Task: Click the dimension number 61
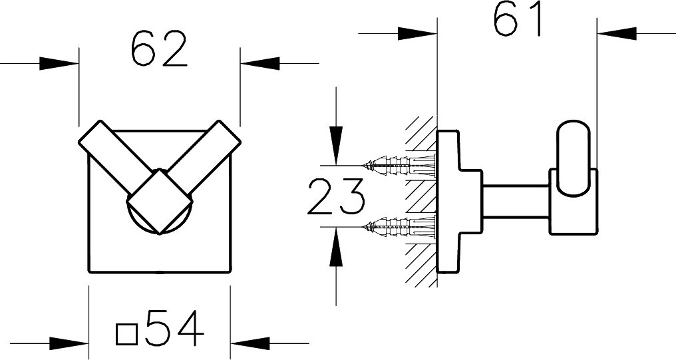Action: tap(518, 19)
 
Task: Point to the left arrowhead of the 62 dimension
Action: tap(59, 63)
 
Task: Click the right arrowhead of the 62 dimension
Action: tap(260, 63)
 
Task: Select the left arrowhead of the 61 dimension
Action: tap(417, 34)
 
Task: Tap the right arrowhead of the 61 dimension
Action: tap(617, 34)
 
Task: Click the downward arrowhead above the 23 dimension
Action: tap(336, 146)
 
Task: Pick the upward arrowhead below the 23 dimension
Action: tap(336, 246)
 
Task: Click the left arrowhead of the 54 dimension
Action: tap(69, 343)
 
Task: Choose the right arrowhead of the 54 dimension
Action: tap(250, 343)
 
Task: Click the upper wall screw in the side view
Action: tap(399, 166)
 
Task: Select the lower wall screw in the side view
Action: tap(399, 226)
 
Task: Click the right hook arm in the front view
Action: tap(203, 152)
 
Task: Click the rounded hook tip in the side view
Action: tap(573, 158)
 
